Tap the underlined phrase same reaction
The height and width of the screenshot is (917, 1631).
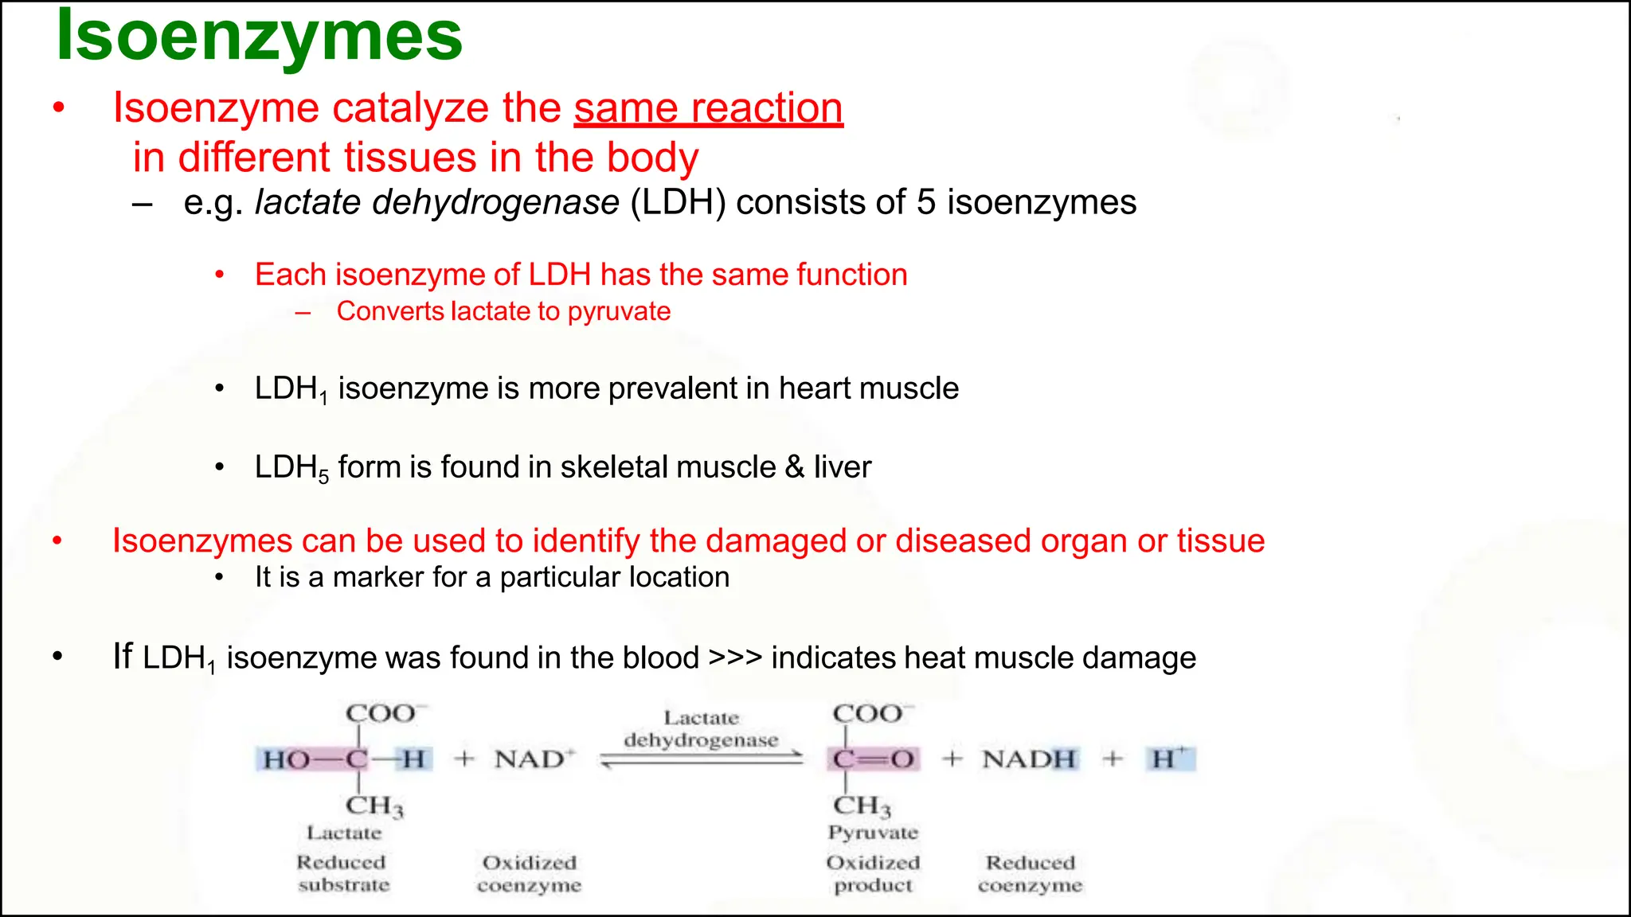point(708,108)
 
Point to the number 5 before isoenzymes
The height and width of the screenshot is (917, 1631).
point(925,202)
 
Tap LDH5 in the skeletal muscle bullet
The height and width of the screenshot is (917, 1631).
point(291,468)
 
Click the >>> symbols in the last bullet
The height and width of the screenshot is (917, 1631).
point(735,658)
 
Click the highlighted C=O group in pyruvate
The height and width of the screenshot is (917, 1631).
point(874,759)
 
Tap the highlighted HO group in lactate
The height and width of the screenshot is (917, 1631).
point(286,759)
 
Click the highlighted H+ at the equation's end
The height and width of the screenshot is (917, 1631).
point(1169,759)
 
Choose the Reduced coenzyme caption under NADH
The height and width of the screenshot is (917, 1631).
point(1030,874)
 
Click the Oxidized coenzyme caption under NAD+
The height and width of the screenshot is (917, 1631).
point(530,874)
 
